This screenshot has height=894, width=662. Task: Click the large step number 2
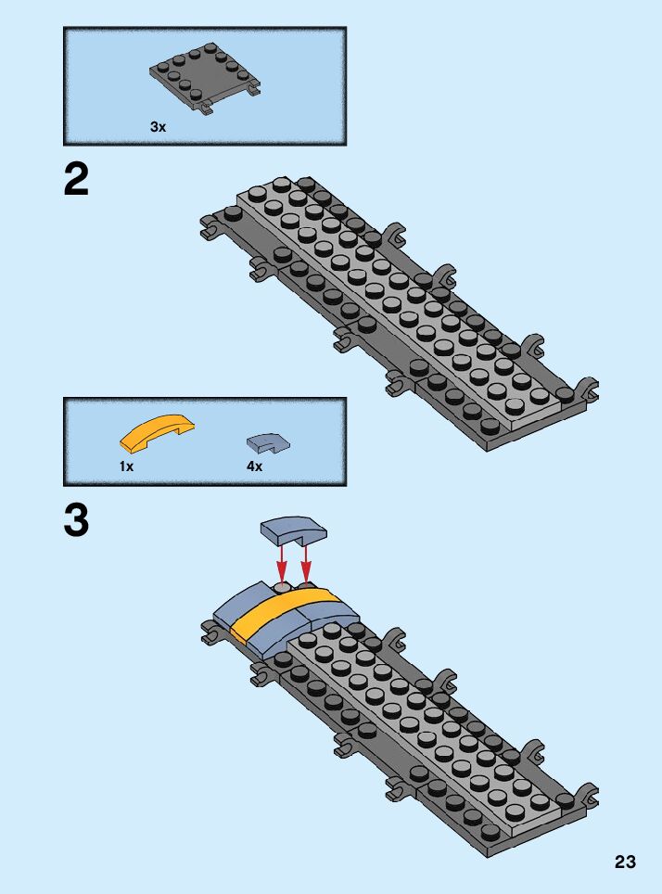point(77,179)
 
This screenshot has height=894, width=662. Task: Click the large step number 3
point(77,521)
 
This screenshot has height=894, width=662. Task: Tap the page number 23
point(625,862)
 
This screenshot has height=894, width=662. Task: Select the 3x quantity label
point(158,127)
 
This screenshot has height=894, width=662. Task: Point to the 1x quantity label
point(126,466)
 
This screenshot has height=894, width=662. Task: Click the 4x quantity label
point(254,466)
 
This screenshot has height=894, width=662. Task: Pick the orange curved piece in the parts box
point(157,431)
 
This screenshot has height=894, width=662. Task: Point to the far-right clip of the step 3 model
point(586,796)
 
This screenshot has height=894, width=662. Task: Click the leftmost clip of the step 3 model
point(210,634)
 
